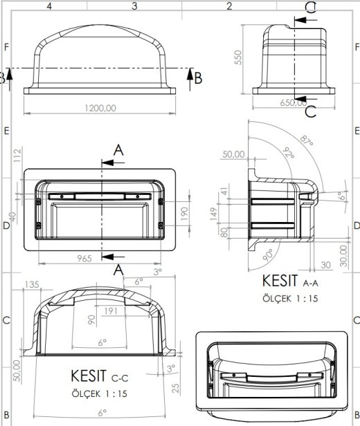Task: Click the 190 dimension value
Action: pyautogui.click(x=183, y=212)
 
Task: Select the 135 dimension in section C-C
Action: pyautogui.click(x=31, y=284)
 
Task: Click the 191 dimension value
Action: pyautogui.click(x=109, y=311)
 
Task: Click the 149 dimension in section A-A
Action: pyautogui.click(x=215, y=216)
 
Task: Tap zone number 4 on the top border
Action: pyautogui.click(x=49, y=6)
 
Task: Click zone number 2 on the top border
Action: pyautogui.click(x=228, y=6)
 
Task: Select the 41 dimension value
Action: pyautogui.click(x=223, y=191)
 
